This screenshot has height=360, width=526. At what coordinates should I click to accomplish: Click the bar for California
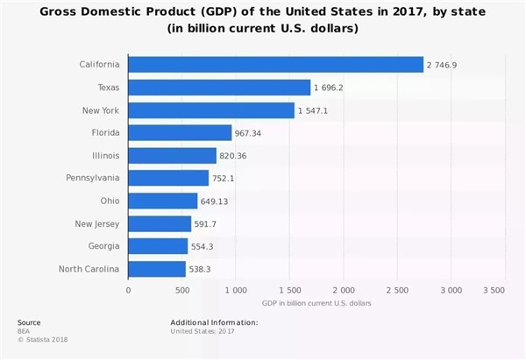coord(275,65)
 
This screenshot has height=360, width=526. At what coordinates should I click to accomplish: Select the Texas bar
coord(219,88)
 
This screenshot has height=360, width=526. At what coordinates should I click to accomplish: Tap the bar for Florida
coord(180,133)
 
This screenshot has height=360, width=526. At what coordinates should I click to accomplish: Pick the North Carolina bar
coord(157,269)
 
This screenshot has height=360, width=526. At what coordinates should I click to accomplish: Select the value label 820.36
coord(235,156)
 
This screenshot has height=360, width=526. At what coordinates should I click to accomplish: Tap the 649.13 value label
coord(217,201)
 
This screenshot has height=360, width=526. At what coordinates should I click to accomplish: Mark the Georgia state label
coord(104,246)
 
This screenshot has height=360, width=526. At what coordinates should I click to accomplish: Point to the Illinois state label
coord(105,156)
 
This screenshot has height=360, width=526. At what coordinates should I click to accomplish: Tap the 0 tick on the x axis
coord(128,290)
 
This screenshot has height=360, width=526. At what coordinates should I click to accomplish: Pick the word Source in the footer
coord(28,322)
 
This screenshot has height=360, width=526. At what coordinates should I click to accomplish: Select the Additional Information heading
coord(214,322)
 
